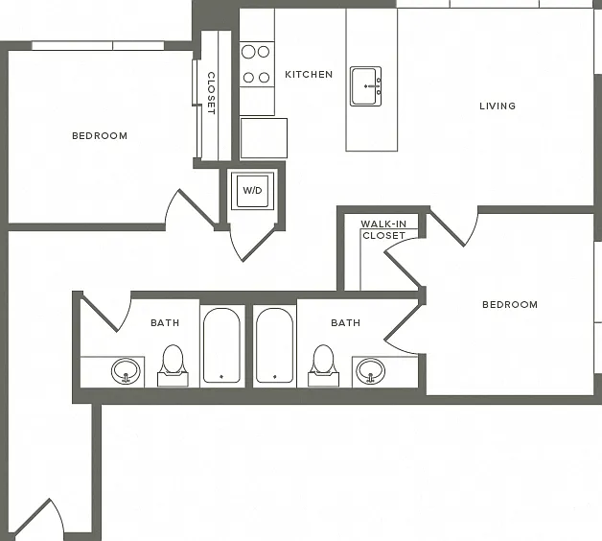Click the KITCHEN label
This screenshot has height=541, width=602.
(x=309, y=75)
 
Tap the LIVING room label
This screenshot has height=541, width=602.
(x=498, y=106)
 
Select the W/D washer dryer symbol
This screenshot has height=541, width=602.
(x=252, y=191)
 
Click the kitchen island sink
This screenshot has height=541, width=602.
(x=365, y=86)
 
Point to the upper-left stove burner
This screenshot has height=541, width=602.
(x=248, y=52)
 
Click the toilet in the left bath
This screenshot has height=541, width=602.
(x=173, y=365)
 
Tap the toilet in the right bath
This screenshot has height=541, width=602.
(x=323, y=365)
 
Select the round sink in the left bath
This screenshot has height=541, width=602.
(x=126, y=371)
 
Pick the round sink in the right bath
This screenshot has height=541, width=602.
(x=370, y=371)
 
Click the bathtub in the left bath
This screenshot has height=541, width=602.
(x=221, y=345)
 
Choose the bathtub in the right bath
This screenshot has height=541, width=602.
(x=274, y=345)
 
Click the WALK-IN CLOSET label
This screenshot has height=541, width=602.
(x=383, y=230)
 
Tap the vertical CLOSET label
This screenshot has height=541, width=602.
(x=211, y=93)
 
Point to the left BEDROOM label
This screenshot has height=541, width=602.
(x=100, y=136)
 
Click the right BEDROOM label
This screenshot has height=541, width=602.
(x=510, y=305)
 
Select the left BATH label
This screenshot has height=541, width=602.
(x=165, y=322)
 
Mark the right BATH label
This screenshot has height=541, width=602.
(x=345, y=322)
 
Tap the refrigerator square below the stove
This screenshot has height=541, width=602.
(x=264, y=138)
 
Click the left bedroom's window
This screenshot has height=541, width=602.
(x=98, y=46)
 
